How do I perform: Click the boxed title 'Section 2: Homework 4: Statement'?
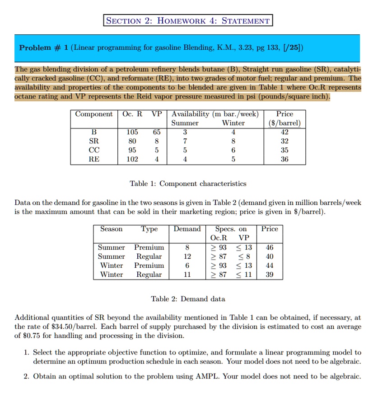point(188,20)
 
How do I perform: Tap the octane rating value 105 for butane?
point(132,132)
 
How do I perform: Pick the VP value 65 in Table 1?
point(156,132)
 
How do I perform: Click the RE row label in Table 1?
point(94,159)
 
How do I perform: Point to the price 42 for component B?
point(284,132)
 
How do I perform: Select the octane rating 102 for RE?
point(132,159)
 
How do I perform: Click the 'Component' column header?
point(94,114)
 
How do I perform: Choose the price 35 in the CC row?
point(284,150)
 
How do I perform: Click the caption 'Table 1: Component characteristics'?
point(188,184)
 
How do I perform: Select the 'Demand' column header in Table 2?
point(187,229)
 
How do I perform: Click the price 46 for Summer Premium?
point(269,247)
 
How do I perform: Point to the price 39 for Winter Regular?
point(269,275)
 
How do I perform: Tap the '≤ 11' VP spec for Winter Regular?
point(244,275)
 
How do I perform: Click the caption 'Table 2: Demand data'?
point(188,299)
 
